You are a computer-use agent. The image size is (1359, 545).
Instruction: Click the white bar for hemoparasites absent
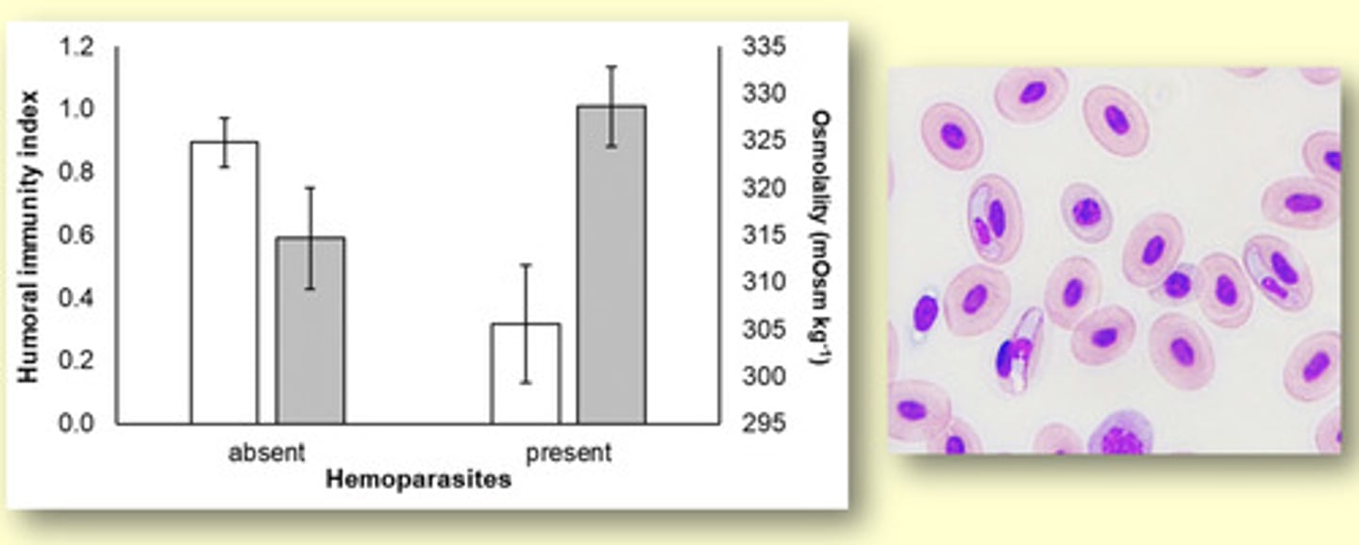(225, 283)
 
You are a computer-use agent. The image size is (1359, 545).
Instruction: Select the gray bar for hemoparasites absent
(310, 330)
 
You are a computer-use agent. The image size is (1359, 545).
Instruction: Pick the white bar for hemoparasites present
(526, 373)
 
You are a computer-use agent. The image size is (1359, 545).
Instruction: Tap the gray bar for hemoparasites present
(612, 264)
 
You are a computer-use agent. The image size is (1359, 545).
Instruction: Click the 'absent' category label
(267, 453)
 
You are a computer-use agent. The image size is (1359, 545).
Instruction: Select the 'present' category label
(568, 453)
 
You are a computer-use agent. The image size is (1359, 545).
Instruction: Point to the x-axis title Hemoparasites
(418, 480)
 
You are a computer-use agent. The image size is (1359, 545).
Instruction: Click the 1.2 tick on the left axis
(78, 47)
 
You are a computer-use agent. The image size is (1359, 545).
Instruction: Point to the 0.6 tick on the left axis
(78, 236)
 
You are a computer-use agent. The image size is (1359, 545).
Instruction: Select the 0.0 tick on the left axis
(78, 423)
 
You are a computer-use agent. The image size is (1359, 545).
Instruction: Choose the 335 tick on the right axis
(765, 47)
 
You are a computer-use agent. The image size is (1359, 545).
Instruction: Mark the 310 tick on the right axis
(765, 282)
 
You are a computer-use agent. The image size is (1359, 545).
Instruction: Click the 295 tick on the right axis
(765, 423)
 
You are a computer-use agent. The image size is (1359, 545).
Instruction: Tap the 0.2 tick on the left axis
(78, 361)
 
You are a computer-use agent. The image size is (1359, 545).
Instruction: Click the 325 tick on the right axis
(765, 141)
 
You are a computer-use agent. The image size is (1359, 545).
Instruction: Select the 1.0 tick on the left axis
(78, 110)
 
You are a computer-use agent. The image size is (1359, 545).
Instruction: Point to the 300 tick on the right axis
(765, 376)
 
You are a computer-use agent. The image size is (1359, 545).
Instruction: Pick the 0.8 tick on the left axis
(78, 173)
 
